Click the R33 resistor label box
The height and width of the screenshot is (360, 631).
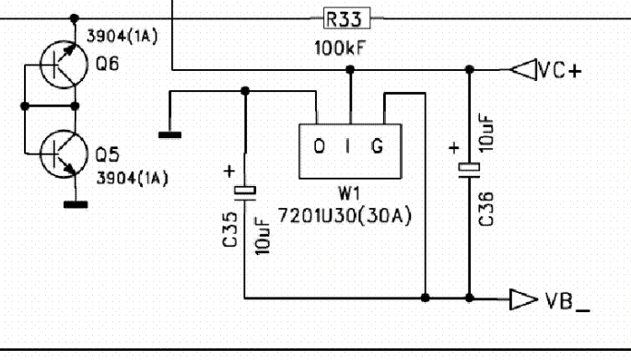[346, 18]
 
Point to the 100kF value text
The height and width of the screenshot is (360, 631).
[340, 48]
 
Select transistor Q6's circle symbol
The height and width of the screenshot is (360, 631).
[64, 64]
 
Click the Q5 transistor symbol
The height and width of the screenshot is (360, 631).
[64, 154]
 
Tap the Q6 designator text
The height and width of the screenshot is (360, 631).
[107, 64]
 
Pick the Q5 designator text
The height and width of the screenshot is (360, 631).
[107, 155]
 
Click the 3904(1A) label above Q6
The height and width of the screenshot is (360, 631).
[122, 36]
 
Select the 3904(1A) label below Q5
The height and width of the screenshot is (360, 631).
[132, 179]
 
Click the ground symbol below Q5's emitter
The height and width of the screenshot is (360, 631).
[76, 204]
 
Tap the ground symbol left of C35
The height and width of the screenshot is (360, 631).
[169, 135]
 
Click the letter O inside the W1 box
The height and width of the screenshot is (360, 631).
[319, 146]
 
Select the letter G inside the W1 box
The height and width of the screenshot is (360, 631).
[377, 146]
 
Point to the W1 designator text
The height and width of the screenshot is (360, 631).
[349, 194]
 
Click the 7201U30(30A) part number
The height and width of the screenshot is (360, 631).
[345, 216]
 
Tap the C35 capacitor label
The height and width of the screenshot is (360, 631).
[229, 229]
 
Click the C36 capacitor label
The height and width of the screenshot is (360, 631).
[486, 209]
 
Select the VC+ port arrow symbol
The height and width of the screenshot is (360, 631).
[523, 70]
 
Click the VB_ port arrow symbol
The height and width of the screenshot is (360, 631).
[523, 299]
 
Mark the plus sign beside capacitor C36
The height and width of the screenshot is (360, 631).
[454, 148]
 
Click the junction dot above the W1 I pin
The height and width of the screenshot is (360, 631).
[350, 70]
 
